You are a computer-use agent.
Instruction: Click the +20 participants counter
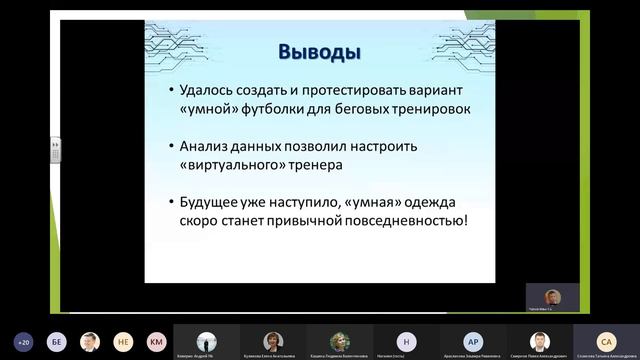coord(24,340)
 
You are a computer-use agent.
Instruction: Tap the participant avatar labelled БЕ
coord(57,340)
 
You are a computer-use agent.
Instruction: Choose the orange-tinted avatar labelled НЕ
coord(123,340)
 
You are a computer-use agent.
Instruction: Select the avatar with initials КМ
coord(155,340)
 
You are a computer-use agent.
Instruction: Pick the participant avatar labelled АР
coord(473,340)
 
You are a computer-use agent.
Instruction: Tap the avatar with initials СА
coord(605,340)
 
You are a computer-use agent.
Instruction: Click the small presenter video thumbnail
coord(552,297)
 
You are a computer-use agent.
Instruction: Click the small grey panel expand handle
coord(57,151)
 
